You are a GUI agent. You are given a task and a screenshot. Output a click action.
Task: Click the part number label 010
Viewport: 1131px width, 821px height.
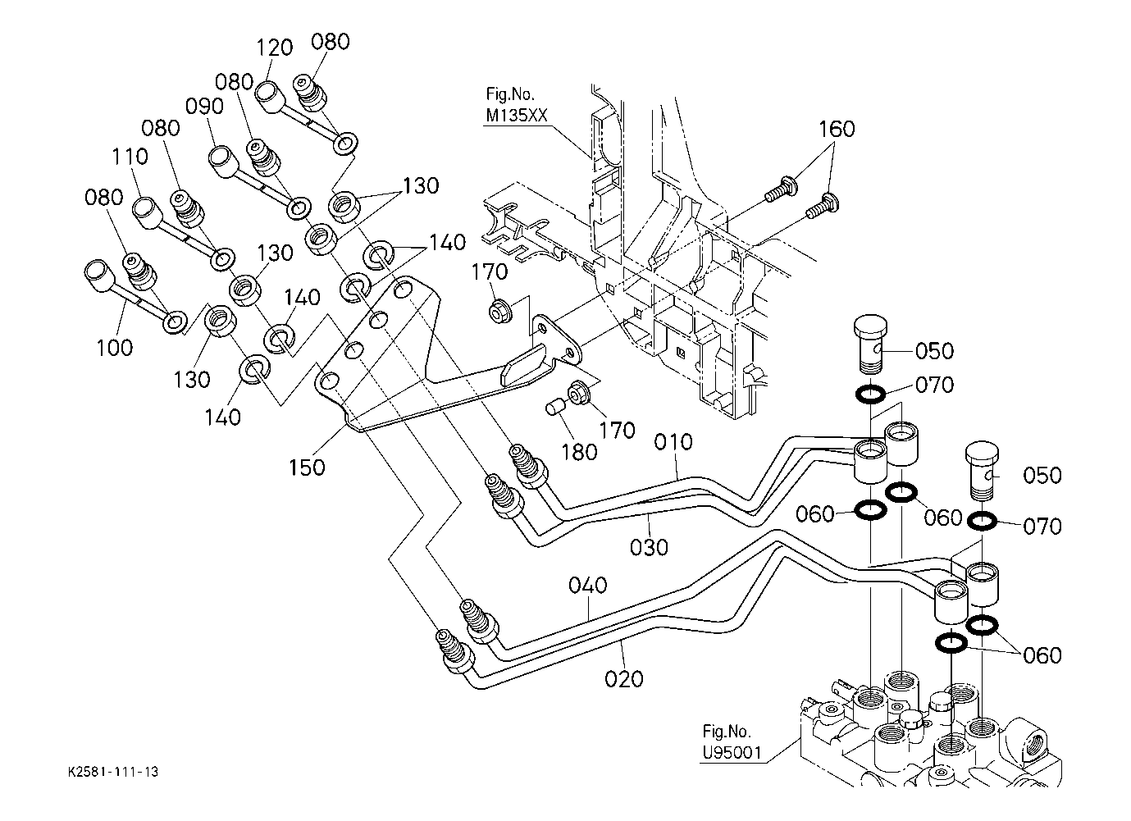673,442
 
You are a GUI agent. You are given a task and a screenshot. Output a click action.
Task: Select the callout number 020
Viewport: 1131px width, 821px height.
624,679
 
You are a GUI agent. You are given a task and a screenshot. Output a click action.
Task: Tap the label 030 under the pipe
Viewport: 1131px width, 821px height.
649,547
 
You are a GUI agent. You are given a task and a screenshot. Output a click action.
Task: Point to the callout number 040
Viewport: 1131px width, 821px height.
588,586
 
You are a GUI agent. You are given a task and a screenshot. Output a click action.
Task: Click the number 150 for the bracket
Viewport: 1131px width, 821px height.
307,468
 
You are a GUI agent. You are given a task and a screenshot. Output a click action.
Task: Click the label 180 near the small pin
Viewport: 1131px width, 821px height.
579,453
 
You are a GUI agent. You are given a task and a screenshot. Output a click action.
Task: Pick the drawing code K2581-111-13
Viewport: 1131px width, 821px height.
113,772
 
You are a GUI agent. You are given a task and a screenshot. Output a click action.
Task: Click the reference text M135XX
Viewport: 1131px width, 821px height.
516,116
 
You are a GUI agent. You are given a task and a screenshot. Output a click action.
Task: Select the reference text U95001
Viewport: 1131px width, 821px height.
732,753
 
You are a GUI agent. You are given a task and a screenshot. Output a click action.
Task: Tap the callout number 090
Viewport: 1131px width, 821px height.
204,107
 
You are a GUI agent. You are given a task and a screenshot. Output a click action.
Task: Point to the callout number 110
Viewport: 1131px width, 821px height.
130,157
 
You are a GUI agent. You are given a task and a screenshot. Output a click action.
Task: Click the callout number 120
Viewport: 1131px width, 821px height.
274,48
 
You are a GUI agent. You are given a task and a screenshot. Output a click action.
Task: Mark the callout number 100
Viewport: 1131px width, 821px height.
115,348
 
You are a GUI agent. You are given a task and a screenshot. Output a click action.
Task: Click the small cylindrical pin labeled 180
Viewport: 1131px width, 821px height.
555,406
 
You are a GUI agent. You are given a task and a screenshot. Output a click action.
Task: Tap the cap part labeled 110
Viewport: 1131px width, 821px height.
147,212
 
